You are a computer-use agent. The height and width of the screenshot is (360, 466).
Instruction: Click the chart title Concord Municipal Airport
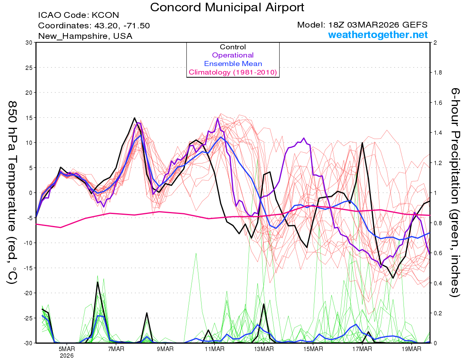click(227, 7)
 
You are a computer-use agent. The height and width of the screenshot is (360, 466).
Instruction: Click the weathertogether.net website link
click(378, 35)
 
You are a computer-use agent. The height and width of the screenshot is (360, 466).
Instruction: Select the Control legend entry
click(233, 47)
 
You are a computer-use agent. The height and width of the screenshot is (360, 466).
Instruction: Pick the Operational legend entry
click(233, 55)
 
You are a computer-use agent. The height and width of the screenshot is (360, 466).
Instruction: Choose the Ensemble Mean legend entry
click(233, 64)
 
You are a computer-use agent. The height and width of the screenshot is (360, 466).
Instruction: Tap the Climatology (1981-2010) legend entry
click(233, 72)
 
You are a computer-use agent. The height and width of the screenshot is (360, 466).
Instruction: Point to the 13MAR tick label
click(264, 349)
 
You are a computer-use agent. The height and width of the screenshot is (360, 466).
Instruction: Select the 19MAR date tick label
click(411, 349)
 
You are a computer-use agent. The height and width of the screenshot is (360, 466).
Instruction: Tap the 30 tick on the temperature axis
click(29, 43)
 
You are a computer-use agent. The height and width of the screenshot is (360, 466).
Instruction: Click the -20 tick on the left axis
click(27, 293)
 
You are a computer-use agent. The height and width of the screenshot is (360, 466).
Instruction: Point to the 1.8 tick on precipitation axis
click(437, 73)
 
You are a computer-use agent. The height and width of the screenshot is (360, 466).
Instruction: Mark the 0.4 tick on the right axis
click(437, 283)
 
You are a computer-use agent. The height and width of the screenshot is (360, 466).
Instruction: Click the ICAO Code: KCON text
click(78, 16)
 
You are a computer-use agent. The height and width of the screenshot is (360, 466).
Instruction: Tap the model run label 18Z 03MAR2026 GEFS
click(362, 25)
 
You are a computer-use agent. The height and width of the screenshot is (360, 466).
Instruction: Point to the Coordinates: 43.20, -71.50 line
click(94, 26)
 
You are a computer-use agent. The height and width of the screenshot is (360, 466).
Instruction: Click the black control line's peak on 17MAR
click(362, 143)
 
